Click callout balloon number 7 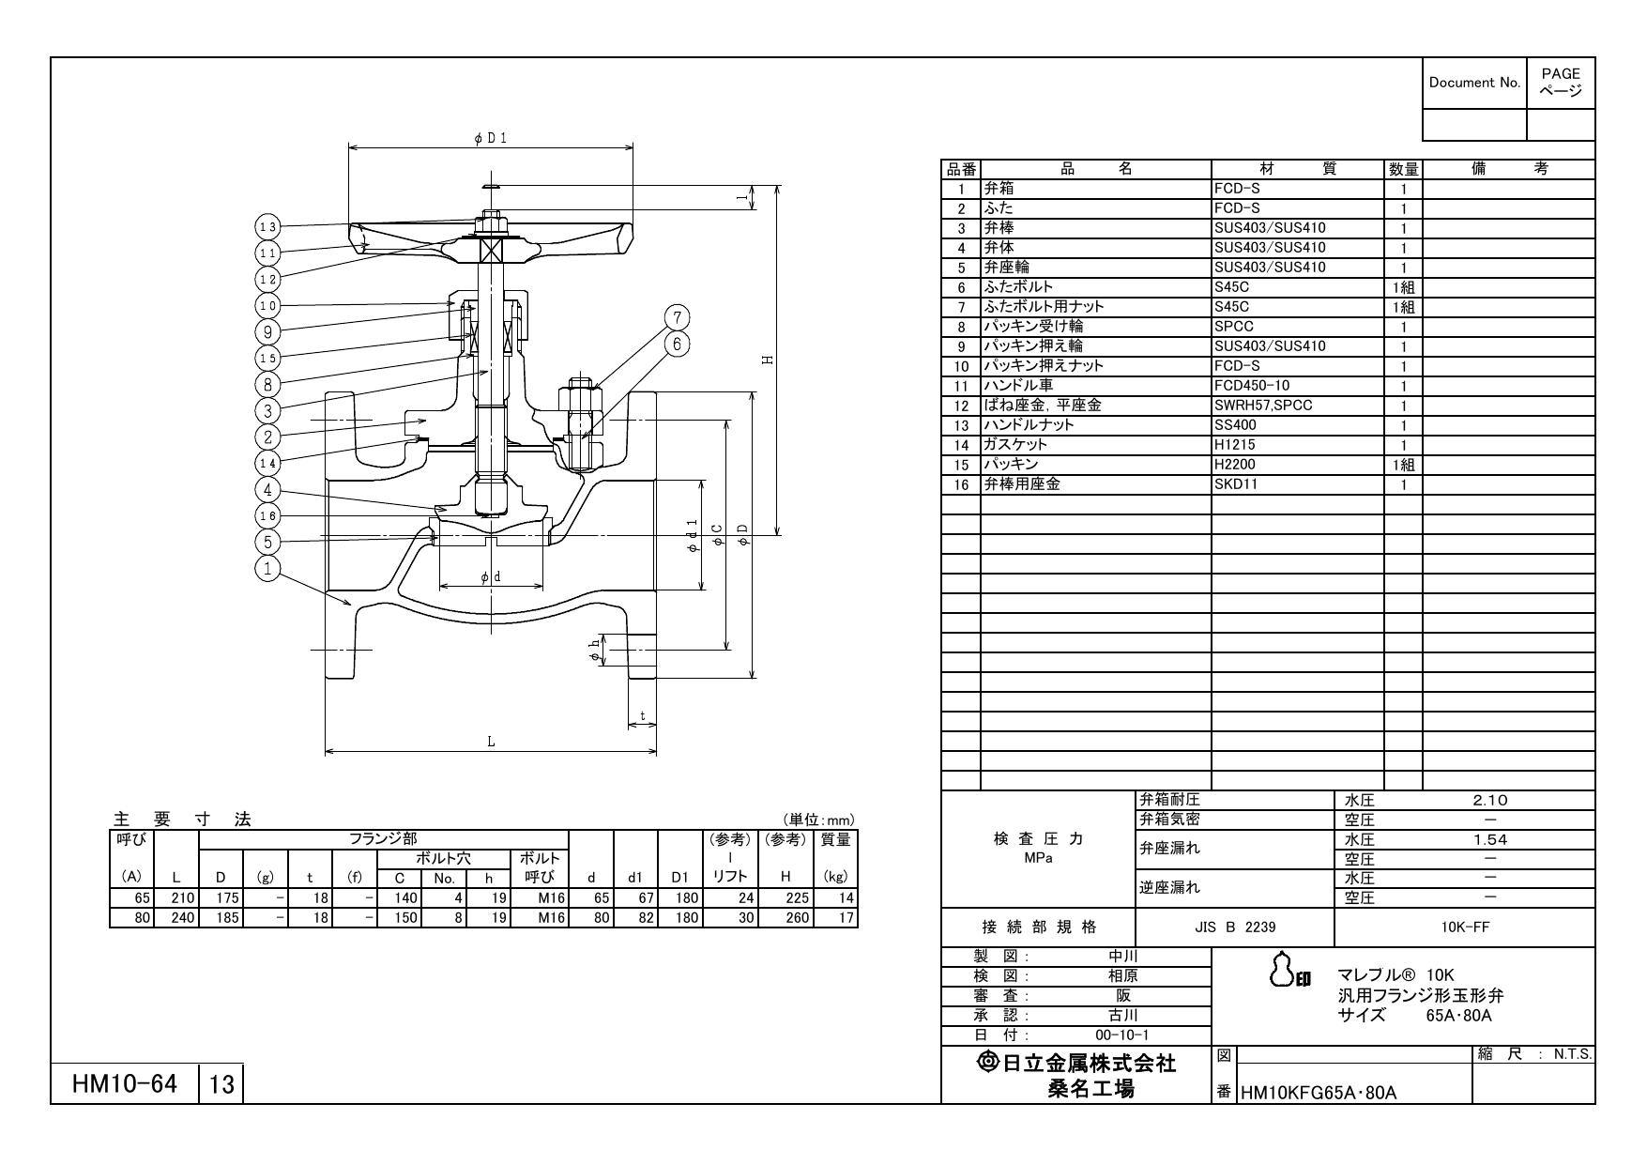click(678, 317)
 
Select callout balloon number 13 click(267, 226)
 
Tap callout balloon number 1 click(268, 569)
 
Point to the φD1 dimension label click(490, 138)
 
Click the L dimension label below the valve click(490, 742)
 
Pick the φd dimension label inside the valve click(490, 577)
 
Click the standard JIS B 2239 click(1234, 927)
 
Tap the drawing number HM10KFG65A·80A click(1319, 1093)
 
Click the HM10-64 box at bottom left click(125, 1084)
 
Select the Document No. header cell click(1473, 83)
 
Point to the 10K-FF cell click(1464, 927)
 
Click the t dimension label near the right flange click(642, 716)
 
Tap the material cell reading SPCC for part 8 click(1234, 327)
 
